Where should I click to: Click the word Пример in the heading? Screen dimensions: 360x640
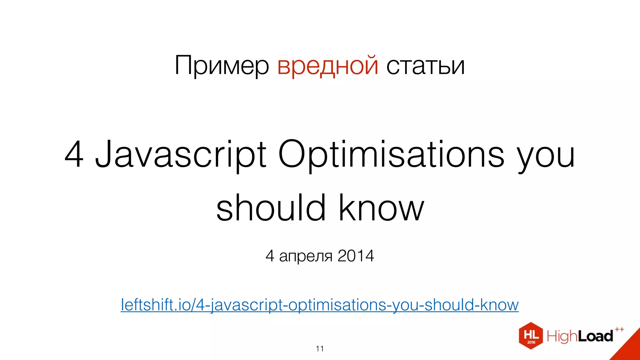(x=222, y=66)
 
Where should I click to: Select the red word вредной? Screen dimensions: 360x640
(x=327, y=66)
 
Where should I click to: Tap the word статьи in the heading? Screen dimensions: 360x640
(x=425, y=66)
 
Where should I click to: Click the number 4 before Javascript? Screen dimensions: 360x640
(x=74, y=154)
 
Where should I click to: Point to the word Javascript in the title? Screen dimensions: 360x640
(x=181, y=154)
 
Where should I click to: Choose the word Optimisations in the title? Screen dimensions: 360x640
(x=391, y=154)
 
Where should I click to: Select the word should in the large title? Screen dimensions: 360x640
(x=271, y=208)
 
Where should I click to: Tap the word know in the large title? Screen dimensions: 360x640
(x=381, y=208)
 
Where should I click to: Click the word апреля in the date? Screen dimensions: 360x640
(x=306, y=256)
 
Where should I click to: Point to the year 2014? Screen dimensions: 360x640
(x=356, y=256)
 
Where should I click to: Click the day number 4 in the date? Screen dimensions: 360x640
(x=270, y=256)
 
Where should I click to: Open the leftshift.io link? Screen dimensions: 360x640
(x=319, y=305)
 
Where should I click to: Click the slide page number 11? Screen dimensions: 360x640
(x=320, y=349)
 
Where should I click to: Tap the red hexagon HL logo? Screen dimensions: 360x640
(x=531, y=336)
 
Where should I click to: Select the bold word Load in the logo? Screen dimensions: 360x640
(x=595, y=336)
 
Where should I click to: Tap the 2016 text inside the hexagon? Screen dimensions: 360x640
(x=531, y=342)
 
